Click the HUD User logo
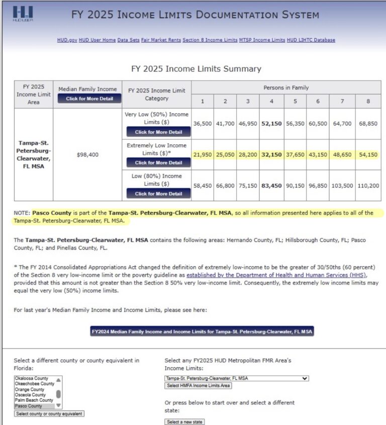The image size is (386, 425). point(23,14)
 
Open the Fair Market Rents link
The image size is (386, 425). point(161,40)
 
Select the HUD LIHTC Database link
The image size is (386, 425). point(312,40)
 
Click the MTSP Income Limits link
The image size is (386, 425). point(262,40)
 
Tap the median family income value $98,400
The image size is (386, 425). point(87,155)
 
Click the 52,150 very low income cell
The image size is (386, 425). point(271,123)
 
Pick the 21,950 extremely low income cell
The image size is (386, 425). point(203,155)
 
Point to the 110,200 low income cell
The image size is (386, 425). point(368,186)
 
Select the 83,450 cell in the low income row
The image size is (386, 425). point(271,186)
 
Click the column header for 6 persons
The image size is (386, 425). point(317,101)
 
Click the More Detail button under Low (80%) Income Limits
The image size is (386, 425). point(158,194)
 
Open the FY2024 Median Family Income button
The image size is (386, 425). point(202,332)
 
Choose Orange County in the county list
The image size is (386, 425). point(30,389)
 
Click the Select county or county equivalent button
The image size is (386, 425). point(49,414)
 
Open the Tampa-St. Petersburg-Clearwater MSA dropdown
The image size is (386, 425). point(237,378)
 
